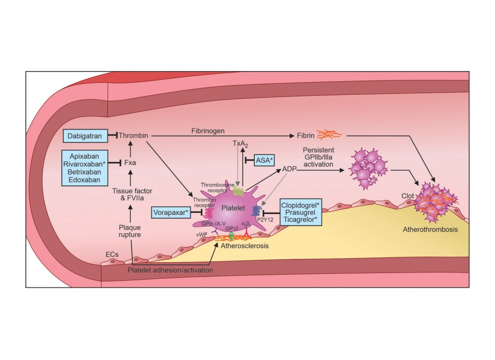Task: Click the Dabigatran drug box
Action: click(85, 136)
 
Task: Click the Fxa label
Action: click(130, 164)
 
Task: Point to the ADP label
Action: click(290, 170)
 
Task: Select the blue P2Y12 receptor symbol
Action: click(255, 211)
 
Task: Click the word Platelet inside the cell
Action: click(233, 208)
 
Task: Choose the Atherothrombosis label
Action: click(430, 230)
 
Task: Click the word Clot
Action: click(408, 196)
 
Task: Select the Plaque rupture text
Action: click(130, 231)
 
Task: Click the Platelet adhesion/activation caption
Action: click(170, 270)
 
